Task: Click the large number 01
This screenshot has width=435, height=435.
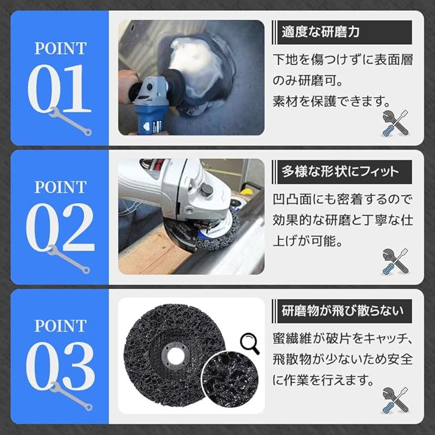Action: coord(59,88)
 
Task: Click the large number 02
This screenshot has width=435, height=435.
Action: coord(60,227)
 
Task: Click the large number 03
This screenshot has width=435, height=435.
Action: coord(60,366)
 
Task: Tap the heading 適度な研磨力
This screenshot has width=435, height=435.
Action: coord(320,32)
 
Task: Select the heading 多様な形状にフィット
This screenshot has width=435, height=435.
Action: coord(340,172)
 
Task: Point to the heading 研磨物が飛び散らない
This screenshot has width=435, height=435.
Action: coord(343,311)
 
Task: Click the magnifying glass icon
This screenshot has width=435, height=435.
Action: coord(250,343)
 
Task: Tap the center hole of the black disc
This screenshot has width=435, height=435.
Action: coord(176,355)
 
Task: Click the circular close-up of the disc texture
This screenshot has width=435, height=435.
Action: coord(230,379)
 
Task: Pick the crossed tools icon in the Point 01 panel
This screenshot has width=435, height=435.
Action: coord(396,123)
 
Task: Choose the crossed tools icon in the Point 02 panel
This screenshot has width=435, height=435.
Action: coord(396,262)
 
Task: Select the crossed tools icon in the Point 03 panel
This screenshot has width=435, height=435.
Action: coord(396,401)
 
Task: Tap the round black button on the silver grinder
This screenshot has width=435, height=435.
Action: coord(207,190)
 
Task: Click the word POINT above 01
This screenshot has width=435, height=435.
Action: coord(60,48)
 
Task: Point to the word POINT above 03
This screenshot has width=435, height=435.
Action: coord(60,326)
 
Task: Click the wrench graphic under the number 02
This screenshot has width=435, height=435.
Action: coord(68,259)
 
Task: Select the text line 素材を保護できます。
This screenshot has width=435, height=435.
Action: coord(332,101)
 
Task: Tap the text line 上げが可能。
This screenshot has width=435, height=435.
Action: coord(308,240)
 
